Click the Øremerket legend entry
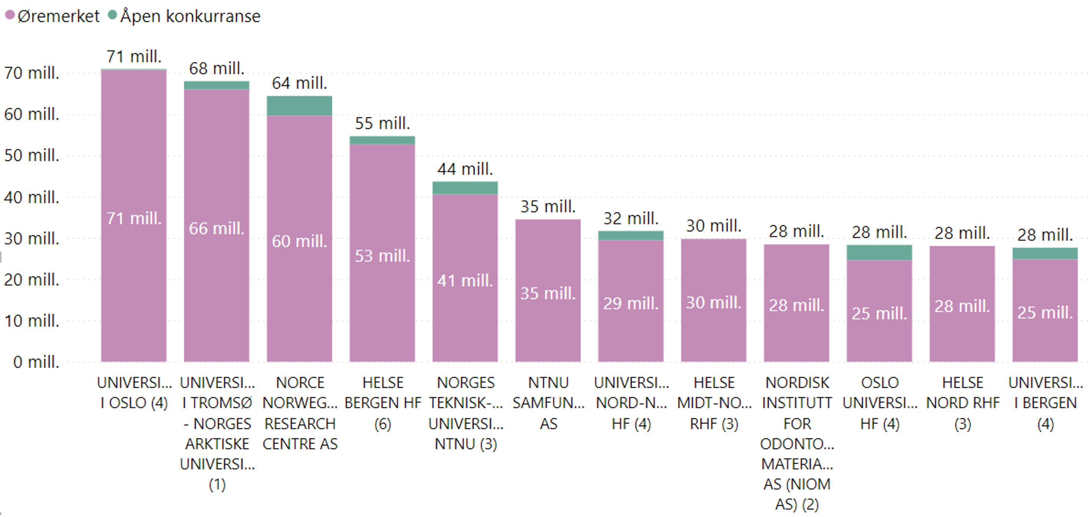[53, 16]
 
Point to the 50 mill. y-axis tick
[32, 156]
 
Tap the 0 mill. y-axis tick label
[36, 362]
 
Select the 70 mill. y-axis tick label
[32, 73]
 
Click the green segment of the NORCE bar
[299, 106]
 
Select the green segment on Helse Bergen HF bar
[382, 140]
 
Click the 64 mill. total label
[299, 83]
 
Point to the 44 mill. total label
[464, 169]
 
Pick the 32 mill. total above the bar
[630, 219]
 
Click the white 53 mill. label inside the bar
[382, 256]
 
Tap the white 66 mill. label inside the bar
[216, 228]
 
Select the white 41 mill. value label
[464, 281]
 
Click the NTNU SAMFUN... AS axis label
[548, 403]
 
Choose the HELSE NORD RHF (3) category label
[963, 403]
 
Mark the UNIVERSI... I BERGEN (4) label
[1045, 403]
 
